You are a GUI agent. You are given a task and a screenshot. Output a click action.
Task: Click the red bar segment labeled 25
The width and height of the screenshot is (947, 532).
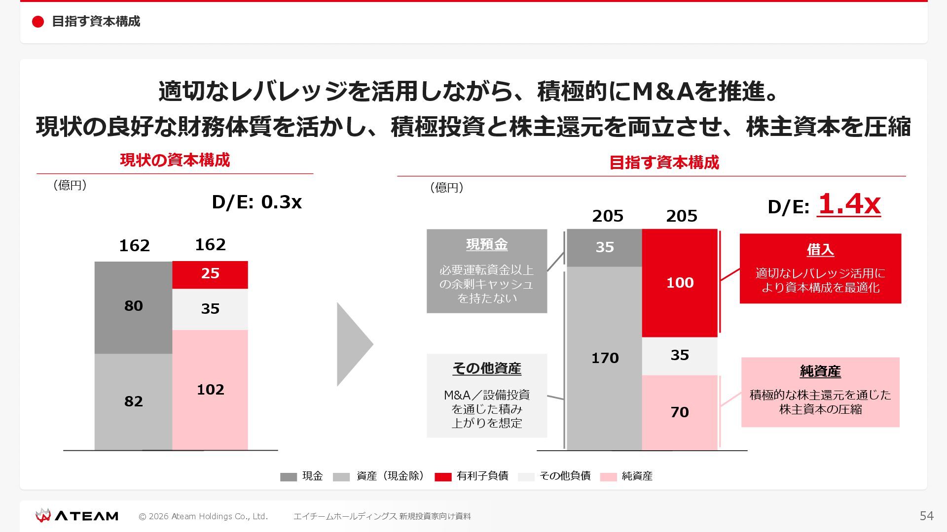tap(210, 274)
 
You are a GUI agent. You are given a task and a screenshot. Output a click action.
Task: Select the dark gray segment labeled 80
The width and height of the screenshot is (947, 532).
tap(133, 307)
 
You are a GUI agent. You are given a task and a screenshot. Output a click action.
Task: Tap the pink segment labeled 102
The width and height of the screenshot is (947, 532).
tap(210, 390)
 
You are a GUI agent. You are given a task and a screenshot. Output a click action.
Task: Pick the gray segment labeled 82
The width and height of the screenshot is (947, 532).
tap(133, 401)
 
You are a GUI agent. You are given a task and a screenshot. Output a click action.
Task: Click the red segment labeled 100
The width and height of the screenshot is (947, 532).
tap(680, 283)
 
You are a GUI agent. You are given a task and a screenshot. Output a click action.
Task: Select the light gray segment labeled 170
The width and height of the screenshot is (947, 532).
tap(604, 358)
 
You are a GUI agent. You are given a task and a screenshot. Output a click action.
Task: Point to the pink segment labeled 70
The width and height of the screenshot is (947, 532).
tap(680, 412)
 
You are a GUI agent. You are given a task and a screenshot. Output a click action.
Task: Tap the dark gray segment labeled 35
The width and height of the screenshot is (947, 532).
tap(604, 247)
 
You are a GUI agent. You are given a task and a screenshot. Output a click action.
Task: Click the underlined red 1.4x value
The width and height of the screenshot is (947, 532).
tap(849, 204)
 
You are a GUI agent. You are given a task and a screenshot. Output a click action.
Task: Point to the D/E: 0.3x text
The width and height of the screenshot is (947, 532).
tap(256, 202)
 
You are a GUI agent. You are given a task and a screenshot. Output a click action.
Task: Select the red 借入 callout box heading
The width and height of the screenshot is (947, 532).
tap(820, 250)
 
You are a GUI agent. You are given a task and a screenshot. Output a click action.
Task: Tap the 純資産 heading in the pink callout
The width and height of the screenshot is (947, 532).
tap(820, 371)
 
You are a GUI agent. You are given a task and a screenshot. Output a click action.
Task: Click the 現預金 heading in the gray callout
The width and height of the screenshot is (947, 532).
tap(487, 245)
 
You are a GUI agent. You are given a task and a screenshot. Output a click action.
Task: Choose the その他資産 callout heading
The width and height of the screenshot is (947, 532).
tap(487, 368)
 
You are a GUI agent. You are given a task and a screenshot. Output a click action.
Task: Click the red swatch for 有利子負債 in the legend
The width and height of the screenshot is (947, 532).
tap(443, 477)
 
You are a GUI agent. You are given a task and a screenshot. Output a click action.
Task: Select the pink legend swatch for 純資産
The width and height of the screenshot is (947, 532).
tap(608, 477)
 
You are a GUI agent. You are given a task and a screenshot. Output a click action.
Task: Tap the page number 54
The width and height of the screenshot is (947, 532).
tap(926, 516)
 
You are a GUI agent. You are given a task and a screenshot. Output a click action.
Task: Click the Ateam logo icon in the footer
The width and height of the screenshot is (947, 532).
tap(43, 516)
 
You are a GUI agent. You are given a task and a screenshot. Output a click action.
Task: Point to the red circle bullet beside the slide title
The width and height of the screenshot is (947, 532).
tap(38, 22)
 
